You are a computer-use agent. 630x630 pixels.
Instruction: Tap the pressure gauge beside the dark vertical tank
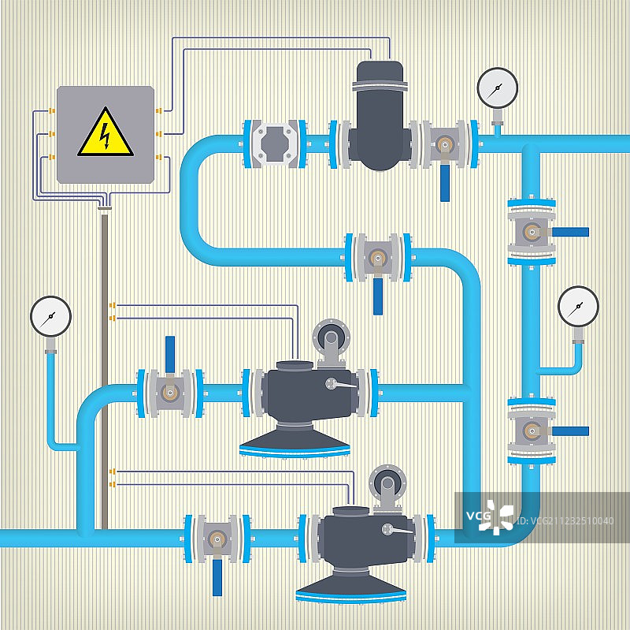[x=497, y=88]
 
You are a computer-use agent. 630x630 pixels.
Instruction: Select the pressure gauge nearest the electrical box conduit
[x=51, y=316]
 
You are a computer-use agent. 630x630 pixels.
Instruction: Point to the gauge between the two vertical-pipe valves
[x=578, y=308]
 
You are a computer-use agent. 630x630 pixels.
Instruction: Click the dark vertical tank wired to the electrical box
[x=380, y=118]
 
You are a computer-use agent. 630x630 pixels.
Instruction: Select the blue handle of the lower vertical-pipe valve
[x=569, y=431]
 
